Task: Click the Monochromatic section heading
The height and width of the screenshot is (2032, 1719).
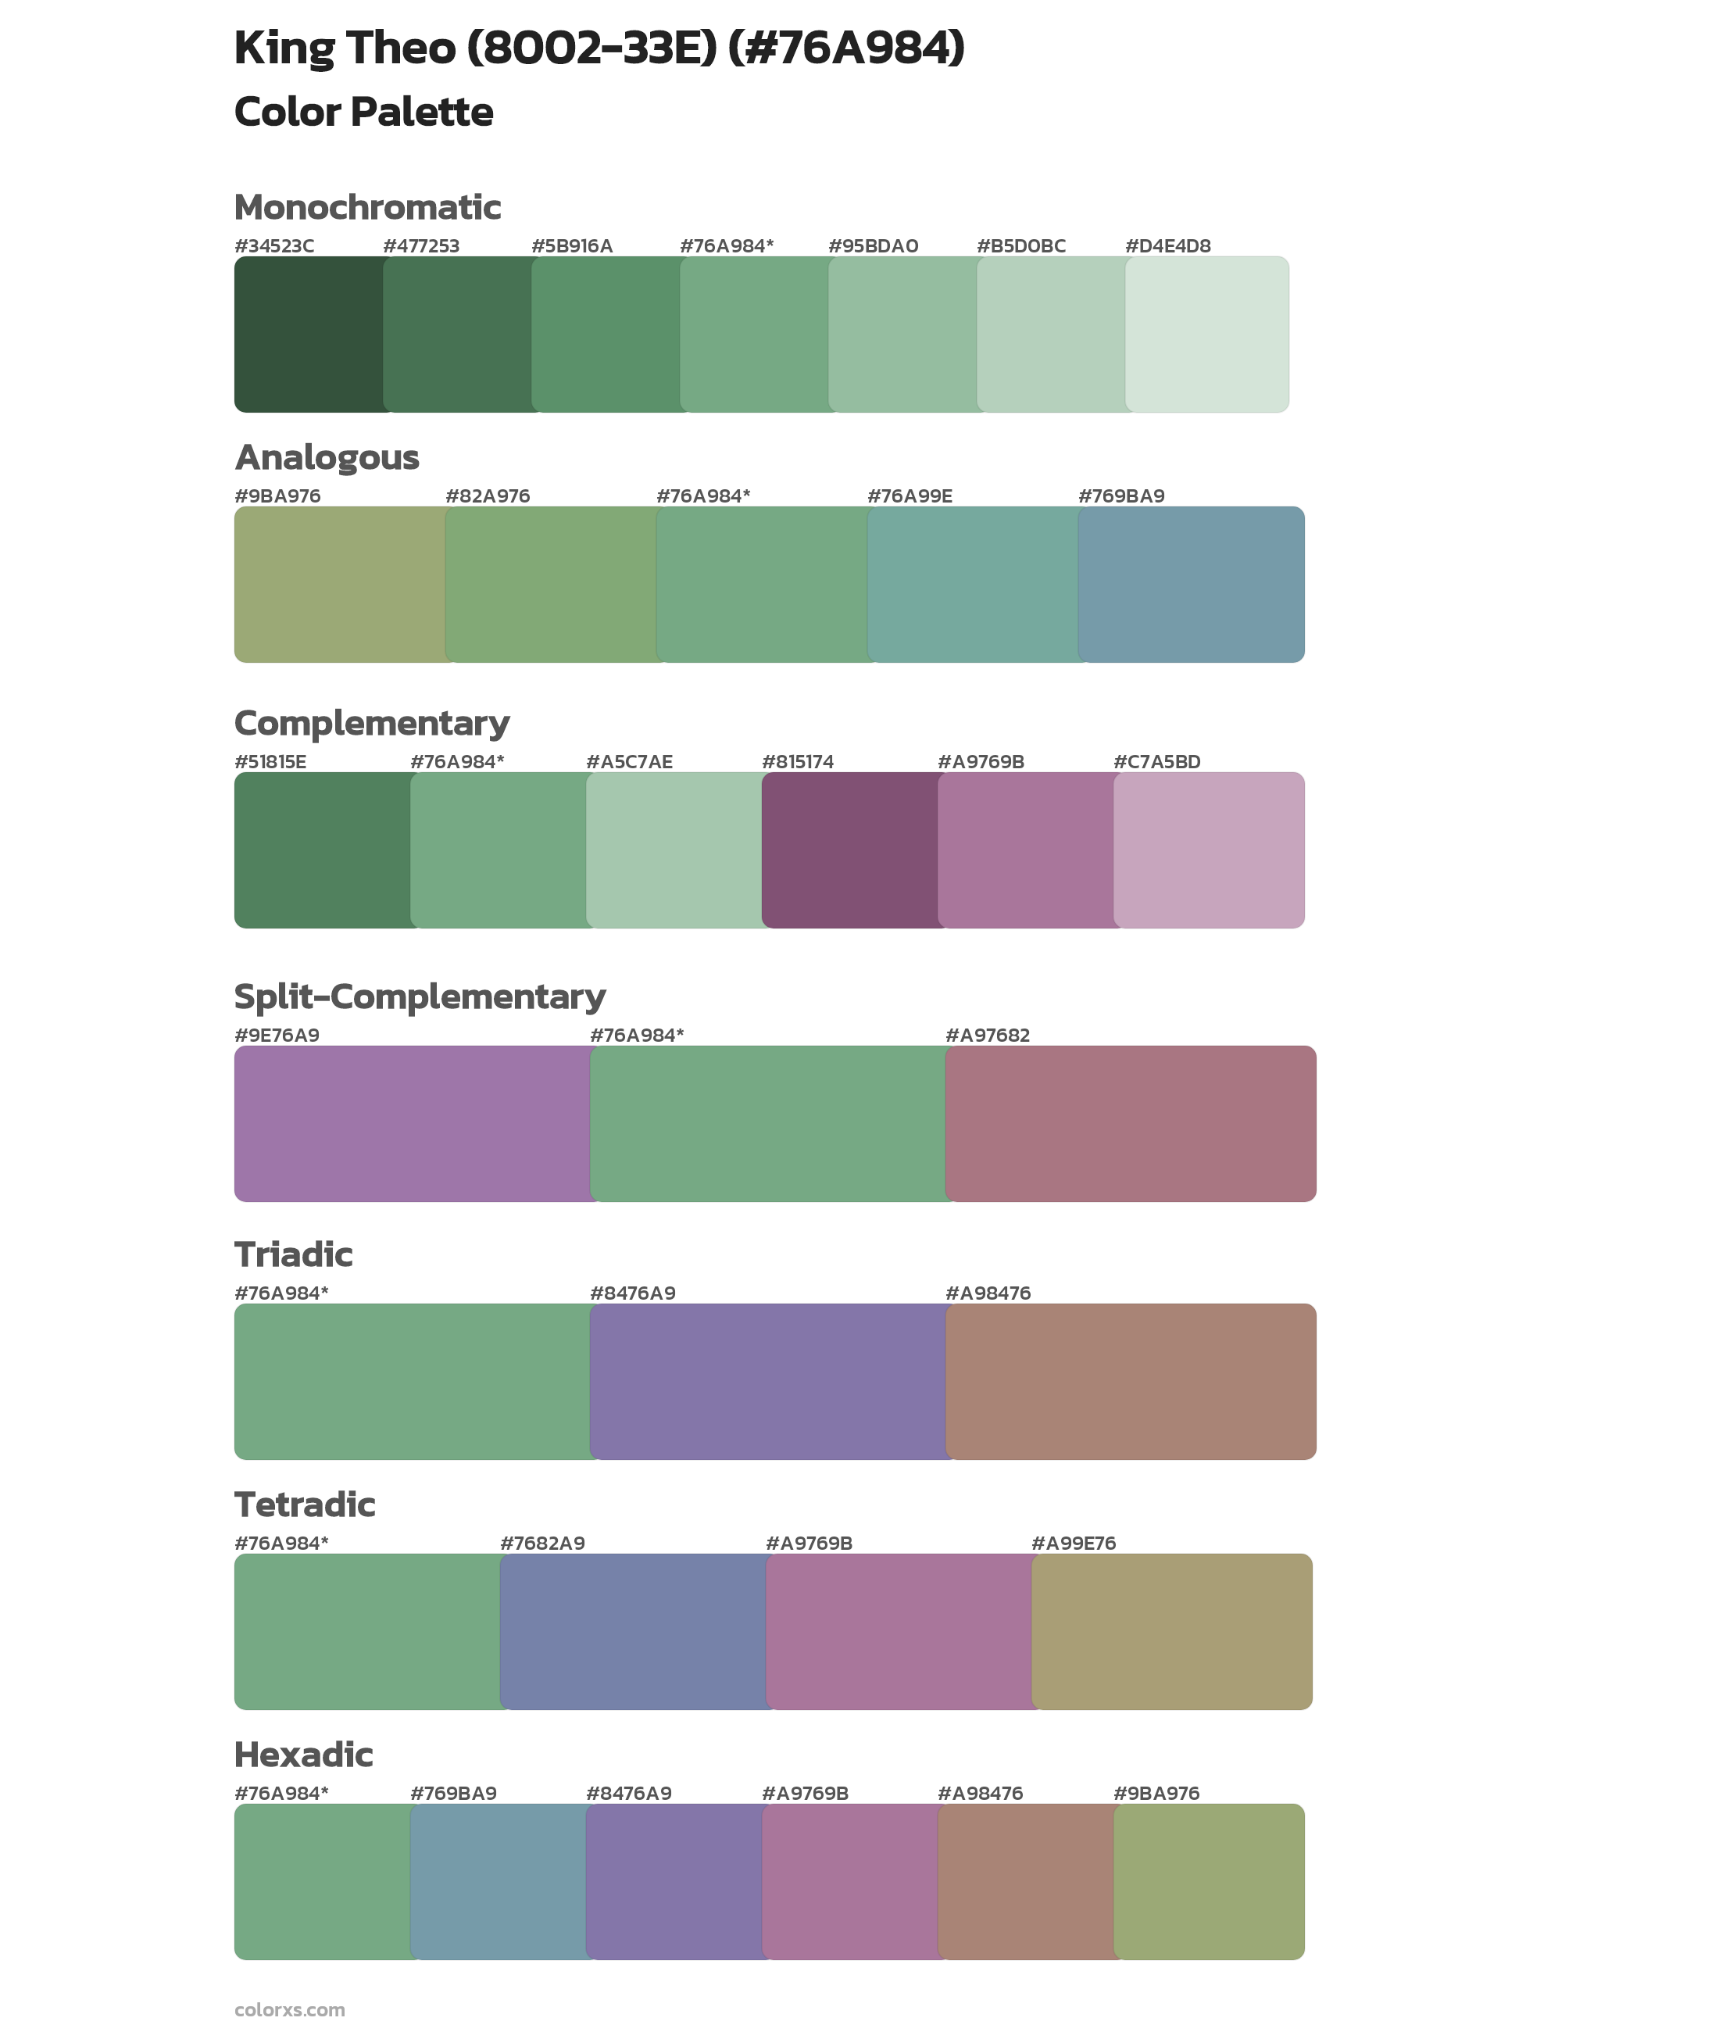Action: [367, 208]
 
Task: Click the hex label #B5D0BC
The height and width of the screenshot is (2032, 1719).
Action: [1020, 245]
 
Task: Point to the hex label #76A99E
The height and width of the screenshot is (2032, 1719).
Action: [910, 496]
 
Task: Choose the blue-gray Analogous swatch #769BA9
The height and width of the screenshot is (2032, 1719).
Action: [1191, 584]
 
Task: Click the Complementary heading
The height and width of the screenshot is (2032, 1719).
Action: [371, 723]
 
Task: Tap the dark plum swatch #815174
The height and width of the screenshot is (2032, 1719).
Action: [850, 850]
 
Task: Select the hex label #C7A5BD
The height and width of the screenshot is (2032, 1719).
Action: [1156, 762]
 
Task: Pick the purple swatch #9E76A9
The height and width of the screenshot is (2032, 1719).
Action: [413, 1124]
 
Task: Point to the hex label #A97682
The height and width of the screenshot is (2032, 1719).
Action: [987, 1035]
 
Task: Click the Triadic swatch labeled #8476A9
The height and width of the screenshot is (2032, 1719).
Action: [768, 1381]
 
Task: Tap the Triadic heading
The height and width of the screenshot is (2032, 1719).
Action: [293, 1254]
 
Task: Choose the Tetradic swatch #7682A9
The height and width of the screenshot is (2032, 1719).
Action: [634, 1631]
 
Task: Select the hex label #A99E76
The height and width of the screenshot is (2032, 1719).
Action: [1073, 1543]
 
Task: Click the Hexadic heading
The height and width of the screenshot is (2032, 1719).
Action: [303, 1755]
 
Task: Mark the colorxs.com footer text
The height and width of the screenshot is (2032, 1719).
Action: [289, 2009]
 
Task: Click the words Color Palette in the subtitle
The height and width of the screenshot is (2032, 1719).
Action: [363, 112]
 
